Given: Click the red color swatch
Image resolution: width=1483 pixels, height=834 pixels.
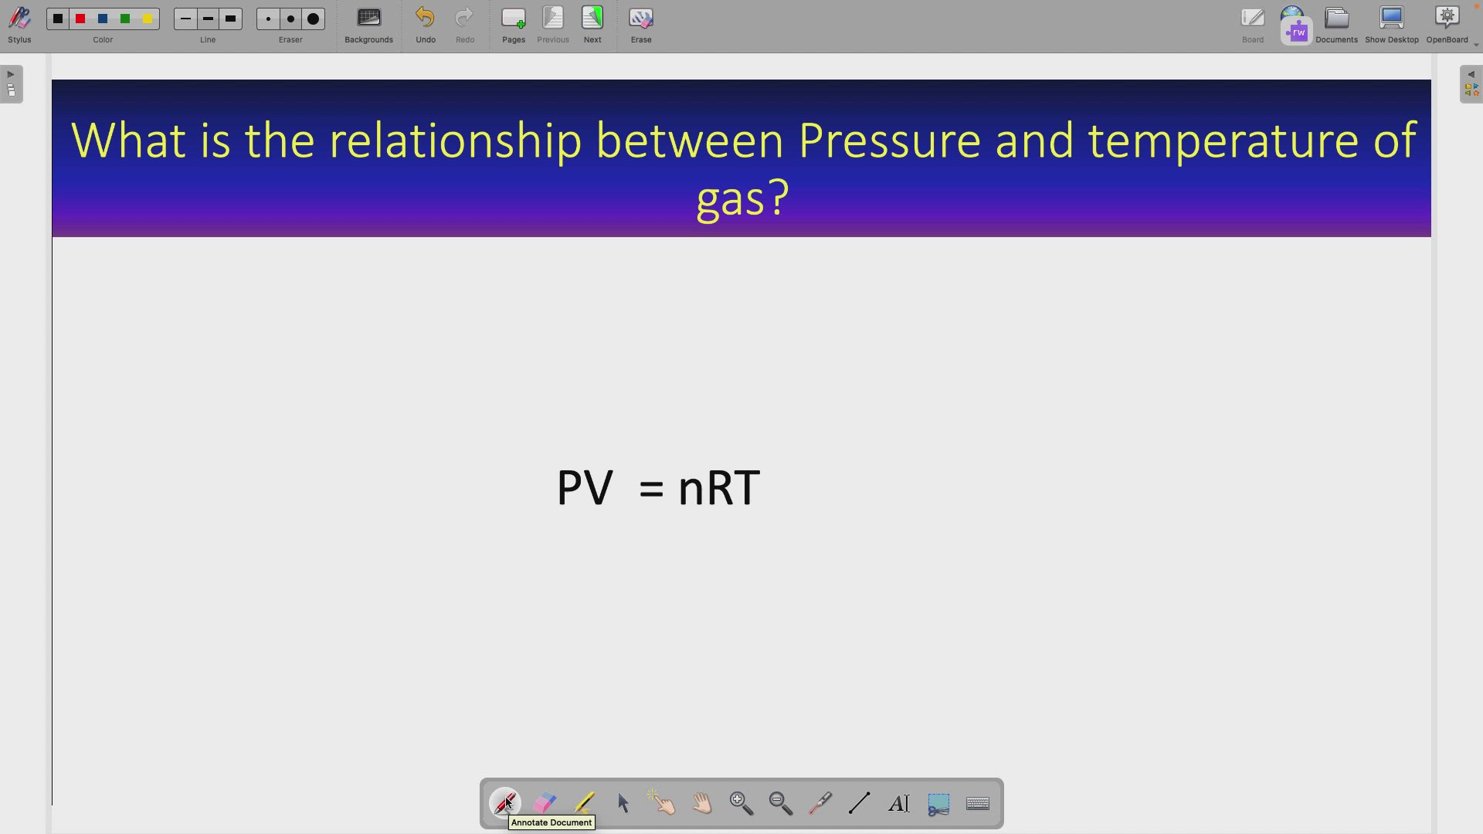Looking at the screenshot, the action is [x=80, y=19].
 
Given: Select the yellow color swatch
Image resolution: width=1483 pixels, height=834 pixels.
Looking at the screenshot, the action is [x=148, y=19].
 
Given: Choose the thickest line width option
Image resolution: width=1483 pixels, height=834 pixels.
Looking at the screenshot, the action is [x=231, y=19].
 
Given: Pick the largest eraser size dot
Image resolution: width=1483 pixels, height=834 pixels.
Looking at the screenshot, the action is [x=314, y=19].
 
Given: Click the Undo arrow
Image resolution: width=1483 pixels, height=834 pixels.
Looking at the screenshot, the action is [x=426, y=19].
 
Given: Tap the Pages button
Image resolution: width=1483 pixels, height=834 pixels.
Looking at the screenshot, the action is [x=514, y=19].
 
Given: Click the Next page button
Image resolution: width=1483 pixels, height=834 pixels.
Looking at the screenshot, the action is [x=592, y=19].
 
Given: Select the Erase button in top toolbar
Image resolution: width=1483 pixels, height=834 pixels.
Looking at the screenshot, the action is [x=641, y=19].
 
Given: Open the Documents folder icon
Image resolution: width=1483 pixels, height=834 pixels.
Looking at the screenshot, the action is [x=1337, y=19].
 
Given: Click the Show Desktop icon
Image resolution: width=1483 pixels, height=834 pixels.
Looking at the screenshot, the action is [x=1392, y=19].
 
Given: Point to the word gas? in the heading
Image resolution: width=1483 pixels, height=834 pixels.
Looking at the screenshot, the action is [x=742, y=198].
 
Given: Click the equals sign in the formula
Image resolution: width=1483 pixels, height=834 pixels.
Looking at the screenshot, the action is [x=652, y=489].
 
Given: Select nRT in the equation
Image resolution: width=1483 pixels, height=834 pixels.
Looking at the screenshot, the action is [x=719, y=488].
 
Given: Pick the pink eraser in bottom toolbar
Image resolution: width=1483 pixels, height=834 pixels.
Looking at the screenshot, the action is [x=545, y=803].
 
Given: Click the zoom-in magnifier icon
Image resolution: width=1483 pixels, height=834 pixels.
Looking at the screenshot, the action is [x=741, y=804].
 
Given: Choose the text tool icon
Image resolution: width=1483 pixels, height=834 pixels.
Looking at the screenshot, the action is [x=899, y=804].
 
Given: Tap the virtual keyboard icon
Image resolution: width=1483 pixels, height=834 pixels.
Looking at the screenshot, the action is [x=979, y=804].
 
